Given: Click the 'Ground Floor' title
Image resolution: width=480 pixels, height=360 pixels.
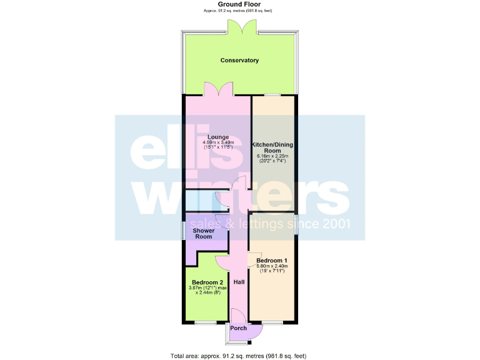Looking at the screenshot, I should [x=239, y=4].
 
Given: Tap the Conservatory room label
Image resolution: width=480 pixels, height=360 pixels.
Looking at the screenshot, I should [x=239, y=61].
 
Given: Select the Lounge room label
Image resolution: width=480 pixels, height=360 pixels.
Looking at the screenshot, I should [x=218, y=137].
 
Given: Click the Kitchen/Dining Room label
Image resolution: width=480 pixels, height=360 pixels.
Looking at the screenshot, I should [x=272, y=148].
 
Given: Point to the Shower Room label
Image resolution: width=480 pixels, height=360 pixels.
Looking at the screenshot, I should [x=203, y=234].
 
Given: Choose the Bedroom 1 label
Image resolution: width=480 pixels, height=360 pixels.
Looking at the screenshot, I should [x=272, y=260].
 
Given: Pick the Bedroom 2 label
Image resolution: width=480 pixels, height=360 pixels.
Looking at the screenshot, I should [x=207, y=282].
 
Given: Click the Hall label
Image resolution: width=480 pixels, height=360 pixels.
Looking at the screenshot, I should [x=239, y=282].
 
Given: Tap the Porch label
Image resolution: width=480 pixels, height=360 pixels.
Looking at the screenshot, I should [x=238, y=328].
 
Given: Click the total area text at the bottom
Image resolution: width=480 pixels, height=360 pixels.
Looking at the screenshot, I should [x=239, y=356].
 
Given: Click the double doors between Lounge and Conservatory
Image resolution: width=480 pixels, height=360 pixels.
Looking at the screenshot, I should [x=218, y=90].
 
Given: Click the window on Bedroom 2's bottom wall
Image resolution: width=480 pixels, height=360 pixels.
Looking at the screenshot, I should [x=204, y=322].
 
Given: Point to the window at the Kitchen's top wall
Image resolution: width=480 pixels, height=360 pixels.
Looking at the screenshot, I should [x=272, y=95].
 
